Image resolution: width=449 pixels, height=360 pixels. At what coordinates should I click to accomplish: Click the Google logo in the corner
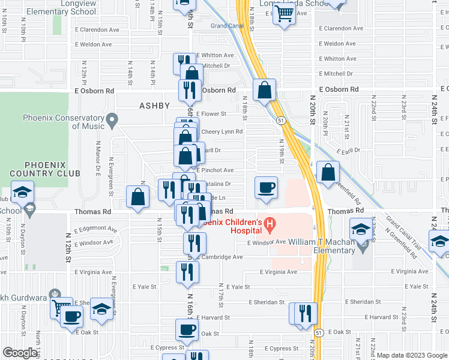[19, 353]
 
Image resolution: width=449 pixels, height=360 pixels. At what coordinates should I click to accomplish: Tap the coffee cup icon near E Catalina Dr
[266, 187]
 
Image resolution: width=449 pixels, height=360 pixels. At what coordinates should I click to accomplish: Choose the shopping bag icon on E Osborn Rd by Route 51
[264, 91]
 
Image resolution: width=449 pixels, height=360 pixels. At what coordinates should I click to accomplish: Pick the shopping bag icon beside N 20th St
[327, 172]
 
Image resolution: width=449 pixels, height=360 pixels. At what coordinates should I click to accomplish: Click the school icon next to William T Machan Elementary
[361, 229]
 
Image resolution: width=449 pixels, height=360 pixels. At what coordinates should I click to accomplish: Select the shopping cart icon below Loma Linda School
[283, 14]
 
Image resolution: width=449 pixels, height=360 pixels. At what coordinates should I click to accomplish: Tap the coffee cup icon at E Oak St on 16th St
[187, 329]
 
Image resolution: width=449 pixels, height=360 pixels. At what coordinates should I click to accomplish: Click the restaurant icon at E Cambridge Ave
[194, 242]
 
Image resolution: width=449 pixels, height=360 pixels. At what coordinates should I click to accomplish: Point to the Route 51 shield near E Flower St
[281, 121]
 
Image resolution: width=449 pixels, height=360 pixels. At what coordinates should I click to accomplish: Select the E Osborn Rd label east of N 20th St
[339, 89]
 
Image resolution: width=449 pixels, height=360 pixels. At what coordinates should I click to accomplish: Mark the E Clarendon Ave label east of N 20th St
[341, 28]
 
